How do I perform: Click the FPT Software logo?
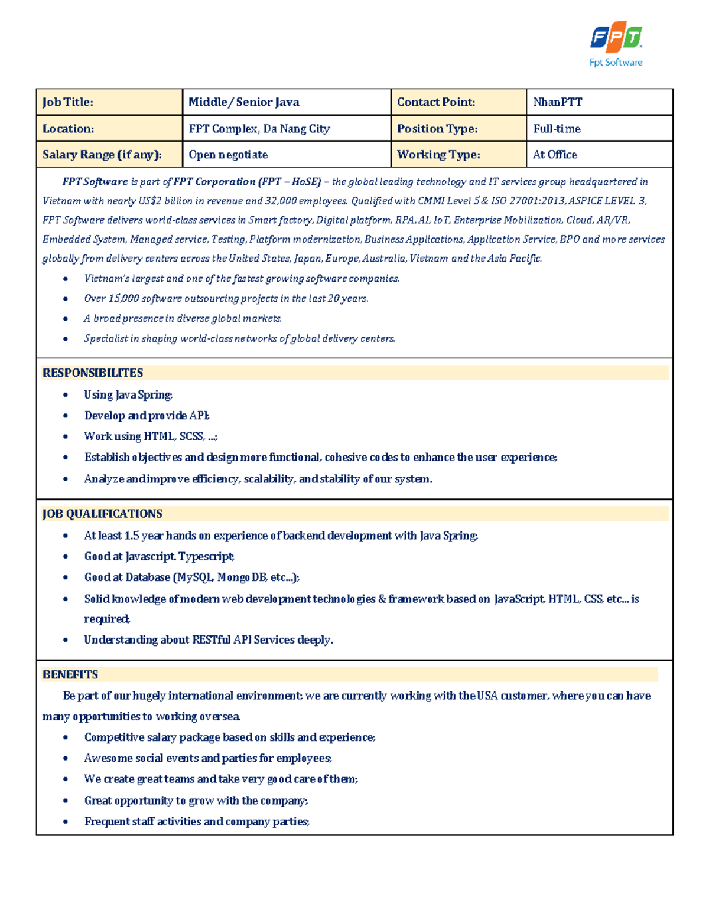tap(616, 45)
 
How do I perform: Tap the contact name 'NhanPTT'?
tap(557, 102)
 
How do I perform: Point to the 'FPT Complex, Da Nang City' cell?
tap(259, 129)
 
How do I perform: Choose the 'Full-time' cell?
tap(557, 129)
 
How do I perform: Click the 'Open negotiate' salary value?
tap(228, 155)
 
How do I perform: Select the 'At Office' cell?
tap(555, 155)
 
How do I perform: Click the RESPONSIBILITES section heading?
tap(93, 373)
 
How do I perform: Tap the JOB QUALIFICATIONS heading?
tap(102, 514)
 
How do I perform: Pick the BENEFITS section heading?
tap(70, 674)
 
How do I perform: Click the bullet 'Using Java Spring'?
tap(128, 394)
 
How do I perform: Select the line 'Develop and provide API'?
tap(147, 416)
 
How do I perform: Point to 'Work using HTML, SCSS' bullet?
tap(151, 436)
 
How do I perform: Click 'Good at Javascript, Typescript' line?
tap(159, 556)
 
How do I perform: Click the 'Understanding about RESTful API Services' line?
tap(208, 639)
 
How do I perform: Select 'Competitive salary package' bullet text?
tap(229, 737)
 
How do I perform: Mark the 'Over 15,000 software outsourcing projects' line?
tap(226, 299)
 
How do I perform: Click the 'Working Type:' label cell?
tap(438, 155)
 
